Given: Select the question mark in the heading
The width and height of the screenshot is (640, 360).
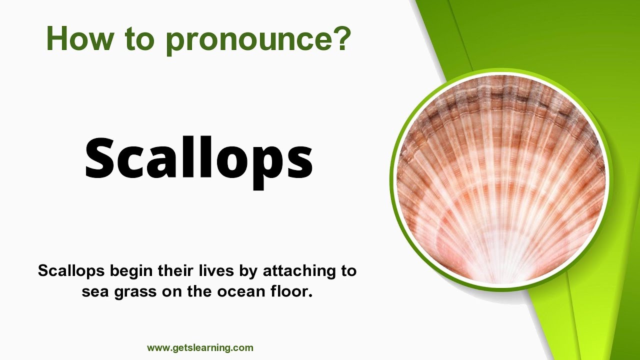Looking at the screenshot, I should pos(340,38).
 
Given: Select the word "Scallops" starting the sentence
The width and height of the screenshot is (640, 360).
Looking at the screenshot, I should pos(71,271).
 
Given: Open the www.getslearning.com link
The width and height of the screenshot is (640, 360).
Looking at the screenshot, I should pos(200,348).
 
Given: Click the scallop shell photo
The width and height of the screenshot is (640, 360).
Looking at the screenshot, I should pos(500,180).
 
